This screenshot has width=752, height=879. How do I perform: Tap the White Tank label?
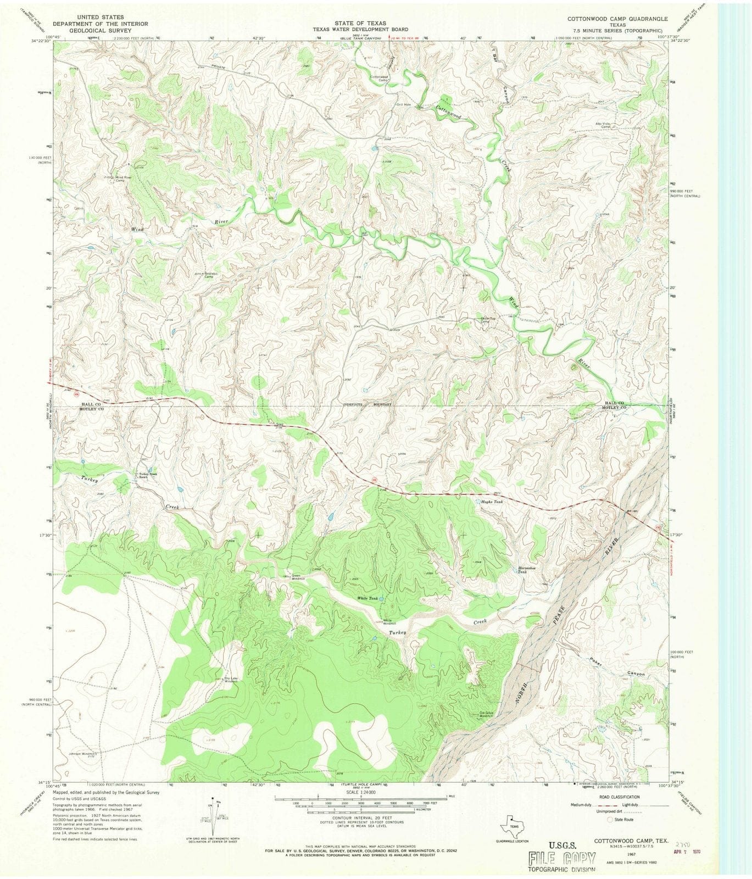click(x=367, y=598)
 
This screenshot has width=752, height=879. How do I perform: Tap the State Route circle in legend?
click(x=610, y=819)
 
